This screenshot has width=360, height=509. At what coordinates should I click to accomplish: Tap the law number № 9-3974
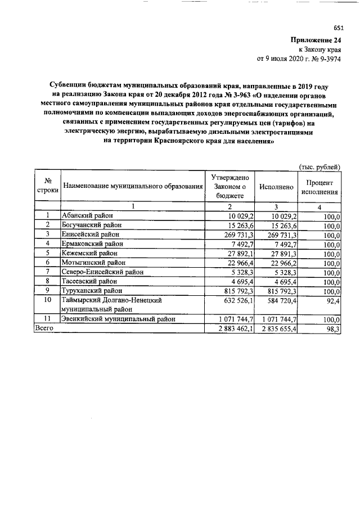pyautogui.click(x=327, y=58)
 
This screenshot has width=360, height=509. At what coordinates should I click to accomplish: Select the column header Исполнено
pyautogui.click(x=276, y=186)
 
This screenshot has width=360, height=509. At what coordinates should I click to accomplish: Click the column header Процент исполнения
pyautogui.click(x=320, y=187)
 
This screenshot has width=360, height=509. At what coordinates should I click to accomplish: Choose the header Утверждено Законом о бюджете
pyautogui.click(x=228, y=186)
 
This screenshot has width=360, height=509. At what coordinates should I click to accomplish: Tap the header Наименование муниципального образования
pyautogui.click(x=132, y=186)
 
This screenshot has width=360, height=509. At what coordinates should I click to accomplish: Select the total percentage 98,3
pyautogui.click(x=332, y=329)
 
